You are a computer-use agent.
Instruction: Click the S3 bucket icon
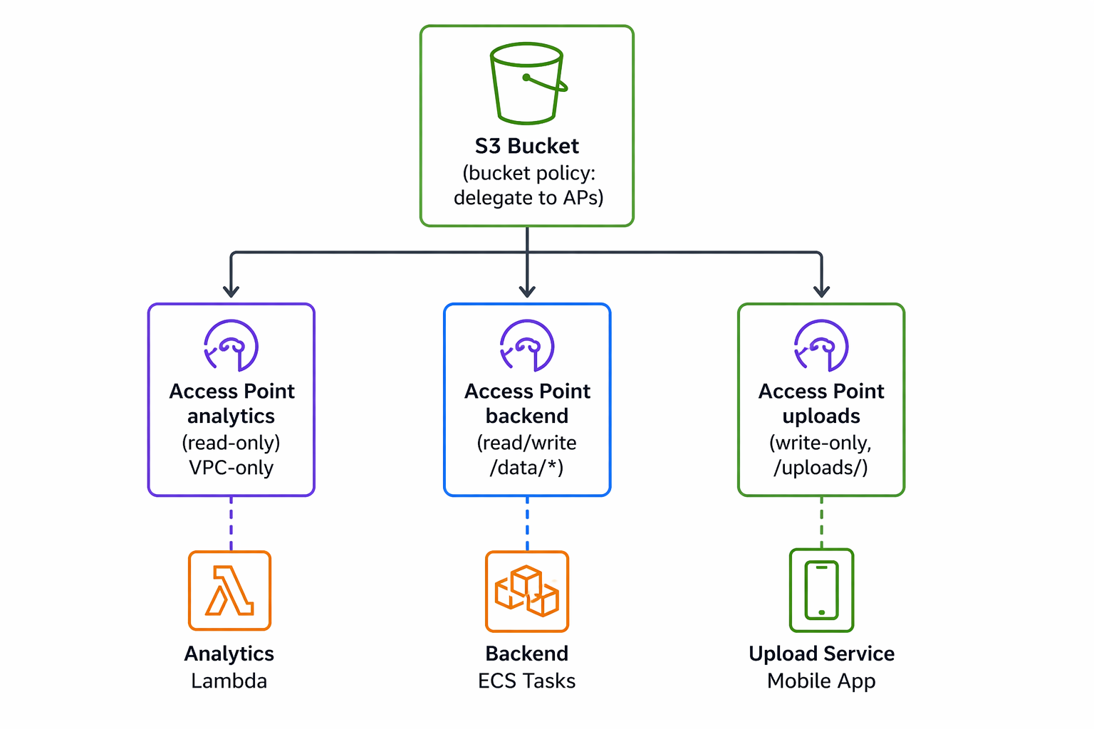(x=527, y=83)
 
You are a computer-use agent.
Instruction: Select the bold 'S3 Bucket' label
(x=527, y=146)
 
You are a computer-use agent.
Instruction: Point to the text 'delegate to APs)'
(x=528, y=197)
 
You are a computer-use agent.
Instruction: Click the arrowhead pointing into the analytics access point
(x=231, y=290)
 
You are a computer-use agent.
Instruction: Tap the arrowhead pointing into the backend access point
(x=527, y=290)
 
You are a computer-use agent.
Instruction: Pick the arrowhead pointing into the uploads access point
(x=821, y=290)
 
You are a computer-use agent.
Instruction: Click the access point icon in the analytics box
(x=231, y=346)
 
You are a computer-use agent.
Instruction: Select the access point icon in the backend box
(x=527, y=346)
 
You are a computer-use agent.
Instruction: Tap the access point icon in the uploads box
(x=821, y=346)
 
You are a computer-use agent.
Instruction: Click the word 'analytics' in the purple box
(x=231, y=416)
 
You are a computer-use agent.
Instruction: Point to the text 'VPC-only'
(x=231, y=468)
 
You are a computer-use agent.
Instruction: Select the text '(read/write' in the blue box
(x=526, y=443)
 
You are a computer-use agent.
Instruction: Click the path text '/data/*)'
(x=526, y=468)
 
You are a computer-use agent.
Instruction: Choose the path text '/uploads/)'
(x=820, y=468)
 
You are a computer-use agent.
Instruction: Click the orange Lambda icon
(x=229, y=591)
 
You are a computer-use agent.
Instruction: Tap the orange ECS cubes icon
(x=527, y=592)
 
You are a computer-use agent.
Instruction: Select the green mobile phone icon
(x=821, y=590)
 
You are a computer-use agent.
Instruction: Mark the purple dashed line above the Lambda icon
(x=231, y=523)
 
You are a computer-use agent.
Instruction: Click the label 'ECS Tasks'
(x=526, y=681)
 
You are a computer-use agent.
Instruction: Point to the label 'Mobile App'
(x=821, y=681)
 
